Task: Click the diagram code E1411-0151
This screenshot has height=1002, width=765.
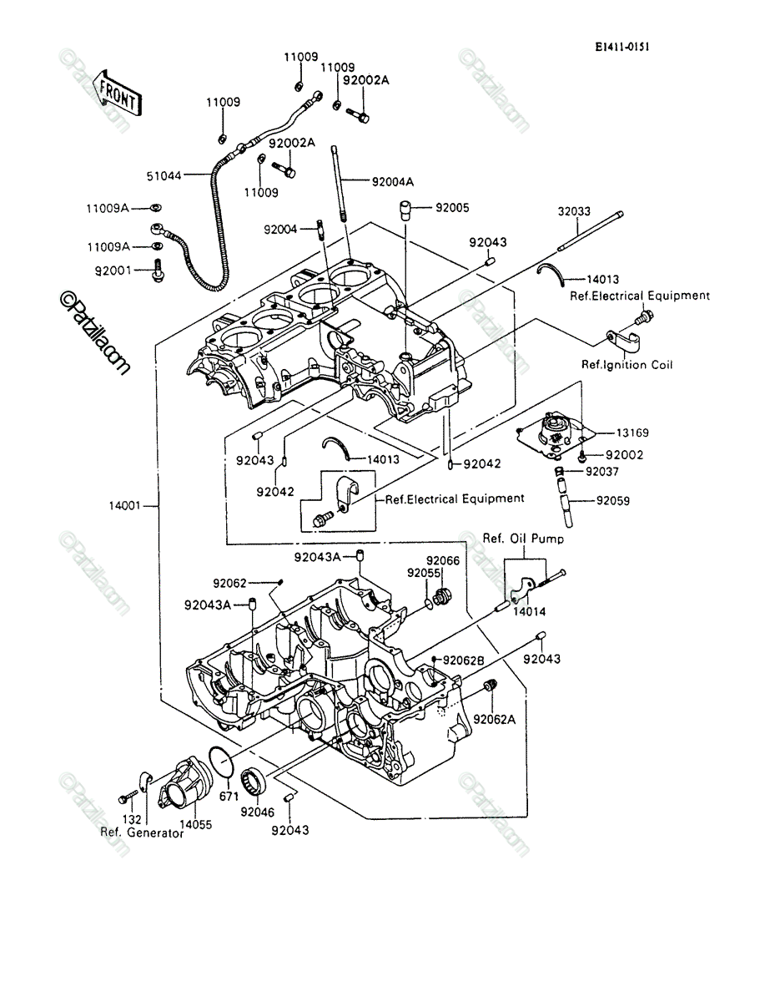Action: point(622,47)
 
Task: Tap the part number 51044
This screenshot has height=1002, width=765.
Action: point(164,175)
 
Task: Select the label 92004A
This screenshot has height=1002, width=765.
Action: point(393,182)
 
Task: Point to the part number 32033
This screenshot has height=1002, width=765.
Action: point(574,211)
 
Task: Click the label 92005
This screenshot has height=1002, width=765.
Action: point(452,208)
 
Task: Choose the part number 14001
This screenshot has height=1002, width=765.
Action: point(124,506)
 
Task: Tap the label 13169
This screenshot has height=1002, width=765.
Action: point(632,433)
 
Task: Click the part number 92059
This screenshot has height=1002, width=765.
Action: point(613,501)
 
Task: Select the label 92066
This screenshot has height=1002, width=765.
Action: point(443,560)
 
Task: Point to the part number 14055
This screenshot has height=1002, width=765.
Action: point(195,824)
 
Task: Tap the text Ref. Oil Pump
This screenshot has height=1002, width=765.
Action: point(523,539)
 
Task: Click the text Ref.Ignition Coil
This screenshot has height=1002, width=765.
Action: point(627,365)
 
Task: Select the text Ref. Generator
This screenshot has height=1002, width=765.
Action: point(142,832)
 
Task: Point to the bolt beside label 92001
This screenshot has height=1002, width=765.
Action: point(159,271)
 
